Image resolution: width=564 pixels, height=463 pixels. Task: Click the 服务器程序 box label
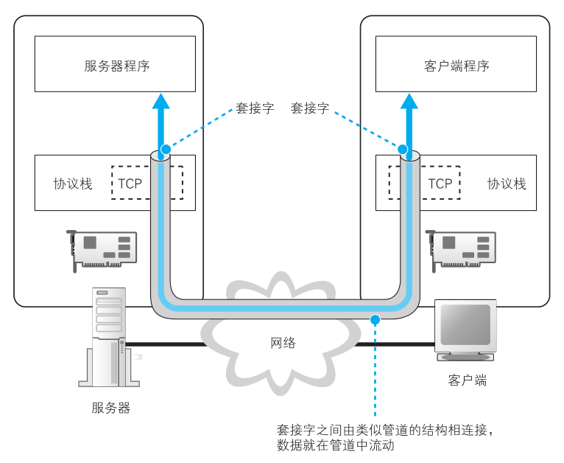(x=116, y=66)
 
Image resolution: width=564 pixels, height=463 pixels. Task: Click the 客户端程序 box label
(x=457, y=66)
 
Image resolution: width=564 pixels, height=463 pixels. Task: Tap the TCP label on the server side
(x=130, y=184)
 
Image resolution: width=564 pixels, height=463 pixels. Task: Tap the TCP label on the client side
(x=440, y=184)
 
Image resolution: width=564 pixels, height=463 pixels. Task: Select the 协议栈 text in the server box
(x=73, y=184)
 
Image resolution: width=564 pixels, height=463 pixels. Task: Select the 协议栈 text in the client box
(x=507, y=184)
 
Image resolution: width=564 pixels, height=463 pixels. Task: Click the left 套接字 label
(x=255, y=108)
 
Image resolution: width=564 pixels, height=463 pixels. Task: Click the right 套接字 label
(x=310, y=108)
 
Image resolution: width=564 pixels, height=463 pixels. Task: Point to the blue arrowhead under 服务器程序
(x=161, y=100)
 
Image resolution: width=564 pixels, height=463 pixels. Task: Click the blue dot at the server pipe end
(x=165, y=150)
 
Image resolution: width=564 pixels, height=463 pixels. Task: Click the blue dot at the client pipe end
(x=403, y=150)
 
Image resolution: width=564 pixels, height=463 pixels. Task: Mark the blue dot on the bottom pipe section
(x=375, y=319)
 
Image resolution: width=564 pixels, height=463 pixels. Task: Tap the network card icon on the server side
(x=102, y=248)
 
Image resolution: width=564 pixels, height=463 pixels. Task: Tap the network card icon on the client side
(x=462, y=248)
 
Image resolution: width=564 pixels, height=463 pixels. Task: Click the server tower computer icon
(x=109, y=336)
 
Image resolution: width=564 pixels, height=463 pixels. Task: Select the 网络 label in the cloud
(x=283, y=342)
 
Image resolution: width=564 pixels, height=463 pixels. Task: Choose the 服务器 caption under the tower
(x=111, y=408)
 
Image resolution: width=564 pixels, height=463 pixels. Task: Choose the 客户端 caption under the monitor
(x=468, y=380)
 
